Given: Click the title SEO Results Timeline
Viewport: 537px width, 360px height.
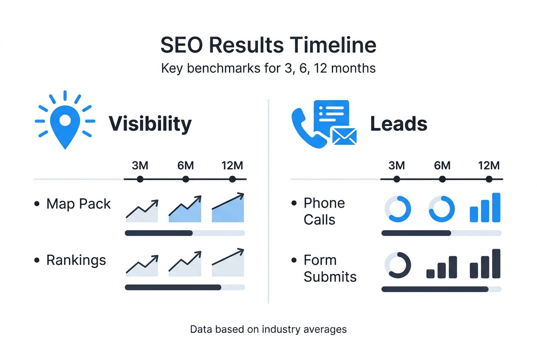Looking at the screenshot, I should pos(268,45).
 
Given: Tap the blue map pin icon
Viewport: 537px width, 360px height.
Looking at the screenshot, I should pos(65,123).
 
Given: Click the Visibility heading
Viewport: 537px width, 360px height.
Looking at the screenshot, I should pos(150,124).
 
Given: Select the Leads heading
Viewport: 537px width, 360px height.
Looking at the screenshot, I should pos(399,124).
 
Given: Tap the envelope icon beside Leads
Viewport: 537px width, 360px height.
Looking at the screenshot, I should pos(344,136).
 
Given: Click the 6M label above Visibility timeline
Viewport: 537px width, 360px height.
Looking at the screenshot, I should pos(186,166).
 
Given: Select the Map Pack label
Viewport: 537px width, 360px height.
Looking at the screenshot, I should pos(79,204).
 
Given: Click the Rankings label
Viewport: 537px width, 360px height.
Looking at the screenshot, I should pos(76,260).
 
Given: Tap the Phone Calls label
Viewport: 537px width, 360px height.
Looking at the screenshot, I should pos(324,211).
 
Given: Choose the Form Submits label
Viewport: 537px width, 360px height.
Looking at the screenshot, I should pos(330,268).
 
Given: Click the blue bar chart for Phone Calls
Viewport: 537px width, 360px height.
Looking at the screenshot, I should pos(485,208).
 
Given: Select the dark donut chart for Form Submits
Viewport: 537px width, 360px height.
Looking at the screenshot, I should pos(398,265).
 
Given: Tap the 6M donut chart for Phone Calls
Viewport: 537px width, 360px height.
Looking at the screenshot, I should pos(442,209).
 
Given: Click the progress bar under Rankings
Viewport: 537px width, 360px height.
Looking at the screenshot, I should pos(185,287).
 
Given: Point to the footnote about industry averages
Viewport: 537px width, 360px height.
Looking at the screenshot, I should pos(268,329).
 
